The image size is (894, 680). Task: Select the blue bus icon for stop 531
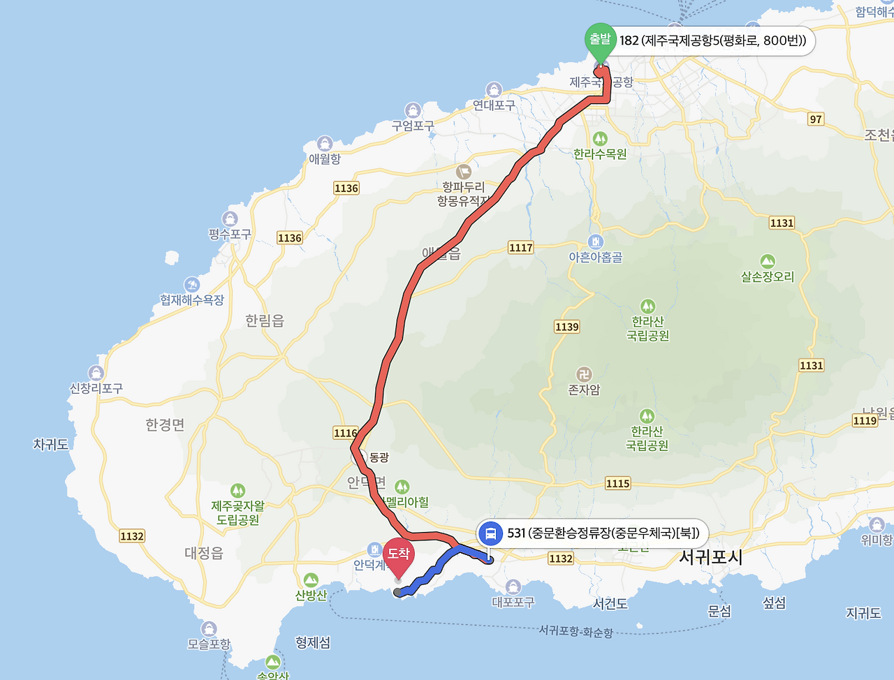click(x=491, y=534)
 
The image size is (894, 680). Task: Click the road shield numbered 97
click(x=816, y=119)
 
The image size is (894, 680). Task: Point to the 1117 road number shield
click(x=520, y=248)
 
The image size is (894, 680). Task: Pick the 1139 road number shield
click(x=566, y=327)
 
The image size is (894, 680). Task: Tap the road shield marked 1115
click(x=617, y=483)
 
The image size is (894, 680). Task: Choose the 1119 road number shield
click(x=865, y=420)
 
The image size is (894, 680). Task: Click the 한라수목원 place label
click(x=600, y=154)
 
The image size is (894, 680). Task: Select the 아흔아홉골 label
click(x=595, y=257)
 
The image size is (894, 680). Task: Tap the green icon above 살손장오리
click(x=768, y=261)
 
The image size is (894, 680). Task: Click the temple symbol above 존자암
click(x=584, y=374)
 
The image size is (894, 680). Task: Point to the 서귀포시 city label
click(x=711, y=558)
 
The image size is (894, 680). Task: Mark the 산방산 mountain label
click(x=311, y=596)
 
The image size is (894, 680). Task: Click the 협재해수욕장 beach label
click(x=192, y=300)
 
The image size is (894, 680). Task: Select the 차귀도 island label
click(x=51, y=444)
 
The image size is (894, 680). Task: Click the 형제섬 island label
click(x=313, y=642)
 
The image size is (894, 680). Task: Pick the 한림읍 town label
click(x=265, y=321)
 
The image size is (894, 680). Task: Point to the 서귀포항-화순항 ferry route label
click(x=576, y=632)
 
